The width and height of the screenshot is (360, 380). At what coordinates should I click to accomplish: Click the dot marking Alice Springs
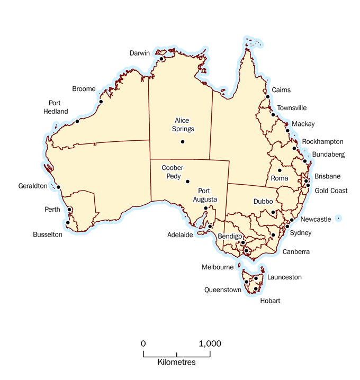pyautogui.click(x=183, y=142)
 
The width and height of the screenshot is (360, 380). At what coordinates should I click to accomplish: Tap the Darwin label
pyautogui.click(x=140, y=53)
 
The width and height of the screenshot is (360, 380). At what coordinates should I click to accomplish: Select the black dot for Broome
pyautogui.click(x=101, y=102)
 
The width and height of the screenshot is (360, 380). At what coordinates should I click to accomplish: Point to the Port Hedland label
pyautogui.click(x=56, y=107)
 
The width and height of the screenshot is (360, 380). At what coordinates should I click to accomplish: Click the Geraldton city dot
pyautogui.click(x=59, y=187)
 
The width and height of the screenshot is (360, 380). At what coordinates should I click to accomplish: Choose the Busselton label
pyautogui.click(x=48, y=234)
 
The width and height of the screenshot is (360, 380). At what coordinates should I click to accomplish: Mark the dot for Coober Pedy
pyautogui.click(x=187, y=182)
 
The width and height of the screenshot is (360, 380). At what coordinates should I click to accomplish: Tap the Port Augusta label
pyautogui.click(x=208, y=195)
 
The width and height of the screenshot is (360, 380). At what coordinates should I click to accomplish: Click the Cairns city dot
pyautogui.click(x=268, y=97)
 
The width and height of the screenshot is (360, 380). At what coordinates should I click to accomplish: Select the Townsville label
pyautogui.click(x=292, y=108)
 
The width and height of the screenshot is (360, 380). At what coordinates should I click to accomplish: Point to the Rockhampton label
pyautogui.click(x=323, y=142)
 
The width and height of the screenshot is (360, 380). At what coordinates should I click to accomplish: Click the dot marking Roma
pyautogui.click(x=280, y=170)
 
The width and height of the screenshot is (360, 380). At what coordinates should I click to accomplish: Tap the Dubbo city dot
pyautogui.click(x=273, y=212)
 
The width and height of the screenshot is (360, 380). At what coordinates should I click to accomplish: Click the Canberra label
pyautogui.click(x=296, y=252)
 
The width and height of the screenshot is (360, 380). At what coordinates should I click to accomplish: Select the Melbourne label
pyautogui.click(x=218, y=267)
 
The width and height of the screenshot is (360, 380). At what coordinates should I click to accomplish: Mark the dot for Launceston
pyautogui.click(x=256, y=278)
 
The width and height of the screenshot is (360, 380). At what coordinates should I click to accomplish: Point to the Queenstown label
pyautogui.click(x=223, y=290)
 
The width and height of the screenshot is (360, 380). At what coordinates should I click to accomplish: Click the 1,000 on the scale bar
pyautogui.click(x=210, y=343)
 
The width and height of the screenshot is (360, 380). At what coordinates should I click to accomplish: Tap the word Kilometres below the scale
pyautogui.click(x=177, y=363)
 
